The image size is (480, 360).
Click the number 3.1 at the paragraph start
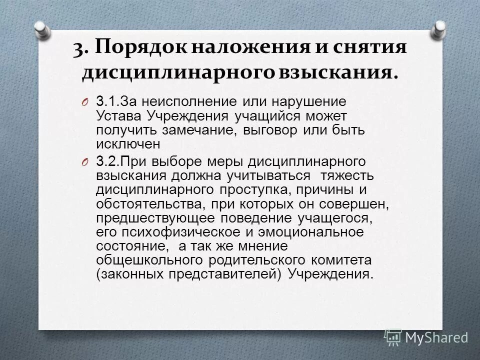point(107,101)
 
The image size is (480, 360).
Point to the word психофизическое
point(168,233)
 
